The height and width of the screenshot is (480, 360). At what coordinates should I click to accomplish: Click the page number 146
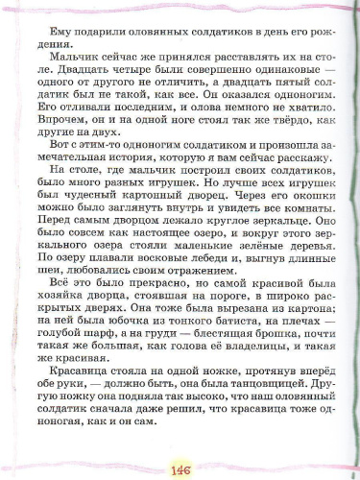click(179, 468)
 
